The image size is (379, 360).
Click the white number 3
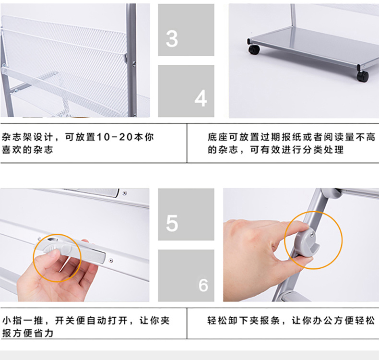pyautogui.click(x=172, y=38)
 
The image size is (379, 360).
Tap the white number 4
pyautogui.click(x=201, y=98)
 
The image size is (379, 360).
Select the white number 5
pyautogui.click(x=172, y=223)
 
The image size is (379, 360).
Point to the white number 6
pyautogui.click(x=203, y=285)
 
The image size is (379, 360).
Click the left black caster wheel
pyautogui.click(x=254, y=49)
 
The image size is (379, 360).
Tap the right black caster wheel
pyautogui.click(x=363, y=76)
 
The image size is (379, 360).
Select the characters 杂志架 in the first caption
pyautogui.click(x=17, y=137)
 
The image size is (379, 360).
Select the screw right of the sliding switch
pyautogui.click(x=111, y=260)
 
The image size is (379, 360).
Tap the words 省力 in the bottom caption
pyautogui.click(x=43, y=333)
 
